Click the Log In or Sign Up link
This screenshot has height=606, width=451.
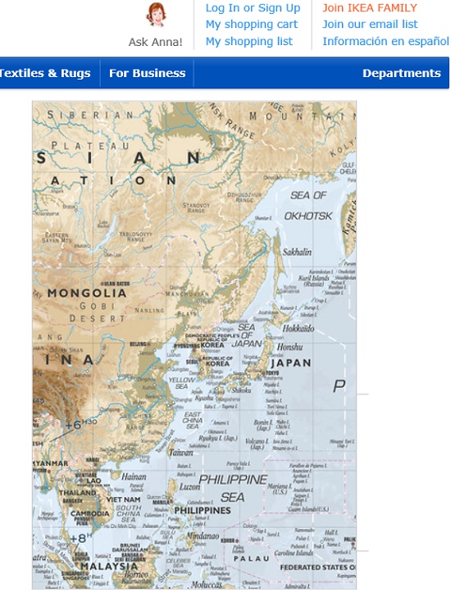[253, 8]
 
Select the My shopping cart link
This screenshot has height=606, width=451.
[251, 25]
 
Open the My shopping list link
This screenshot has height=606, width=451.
[248, 41]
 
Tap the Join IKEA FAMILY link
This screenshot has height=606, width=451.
[370, 8]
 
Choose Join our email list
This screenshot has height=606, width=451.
[370, 25]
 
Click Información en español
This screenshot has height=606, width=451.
[385, 41]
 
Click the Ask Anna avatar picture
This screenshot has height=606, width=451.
[155, 15]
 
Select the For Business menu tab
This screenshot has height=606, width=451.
[148, 73]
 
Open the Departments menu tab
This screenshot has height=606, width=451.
[402, 73]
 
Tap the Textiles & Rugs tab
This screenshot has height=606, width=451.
[44, 73]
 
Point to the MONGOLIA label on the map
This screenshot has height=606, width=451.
[87, 293]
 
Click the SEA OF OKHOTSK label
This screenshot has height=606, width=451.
[308, 205]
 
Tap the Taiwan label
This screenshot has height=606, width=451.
[180, 452]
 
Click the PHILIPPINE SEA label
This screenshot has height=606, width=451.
[233, 488]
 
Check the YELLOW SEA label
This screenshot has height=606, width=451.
[182, 385]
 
